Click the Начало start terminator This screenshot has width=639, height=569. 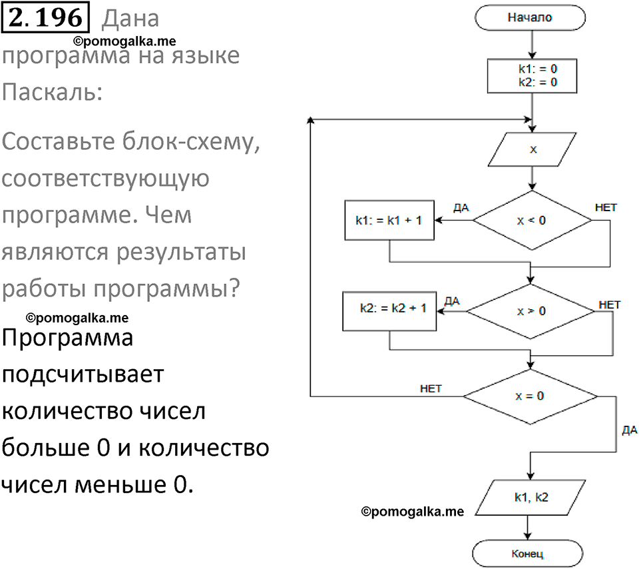pos(529,18)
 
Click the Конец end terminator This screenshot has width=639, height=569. pos(528,553)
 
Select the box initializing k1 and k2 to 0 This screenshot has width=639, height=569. pos(531,75)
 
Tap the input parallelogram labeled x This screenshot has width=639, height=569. pos(532,150)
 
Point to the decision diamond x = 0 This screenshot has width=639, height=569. pos(530,396)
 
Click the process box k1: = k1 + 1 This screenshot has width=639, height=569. pos(389,221)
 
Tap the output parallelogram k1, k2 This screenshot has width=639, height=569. pos(531,498)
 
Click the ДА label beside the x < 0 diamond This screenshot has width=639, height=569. pos(461,207)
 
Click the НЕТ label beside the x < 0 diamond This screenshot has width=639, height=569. pos(605,207)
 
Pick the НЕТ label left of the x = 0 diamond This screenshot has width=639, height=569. pos(431,388)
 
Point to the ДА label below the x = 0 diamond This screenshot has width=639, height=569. pos(629,430)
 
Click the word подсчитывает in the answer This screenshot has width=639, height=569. pos(83,374)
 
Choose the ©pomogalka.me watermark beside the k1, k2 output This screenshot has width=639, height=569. pos(411,512)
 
